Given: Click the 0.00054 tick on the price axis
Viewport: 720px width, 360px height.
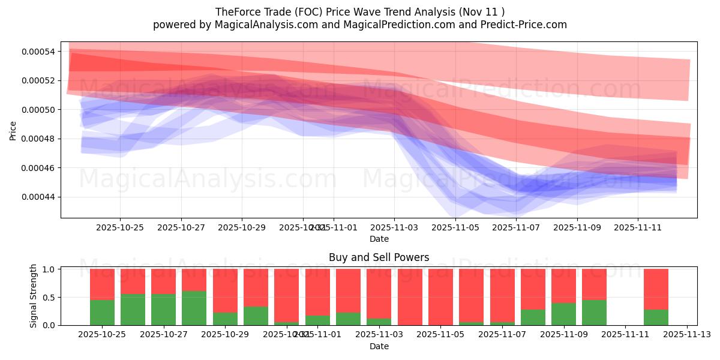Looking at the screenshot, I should point(38,52).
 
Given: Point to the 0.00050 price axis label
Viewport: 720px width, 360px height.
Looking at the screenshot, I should point(38,110).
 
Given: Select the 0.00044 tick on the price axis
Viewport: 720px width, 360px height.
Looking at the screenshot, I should point(38,197).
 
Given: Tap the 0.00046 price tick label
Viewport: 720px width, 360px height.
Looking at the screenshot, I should point(38,168).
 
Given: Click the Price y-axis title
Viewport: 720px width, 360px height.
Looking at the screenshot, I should point(13,130).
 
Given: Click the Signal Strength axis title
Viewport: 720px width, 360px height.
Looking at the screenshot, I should point(34,296).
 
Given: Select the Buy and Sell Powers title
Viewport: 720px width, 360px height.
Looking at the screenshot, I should point(379,257).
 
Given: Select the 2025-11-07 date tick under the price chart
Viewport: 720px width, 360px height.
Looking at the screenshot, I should point(516,228).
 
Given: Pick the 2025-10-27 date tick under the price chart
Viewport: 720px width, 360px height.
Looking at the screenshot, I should point(181,228).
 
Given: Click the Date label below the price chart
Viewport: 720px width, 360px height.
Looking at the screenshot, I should point(379,239).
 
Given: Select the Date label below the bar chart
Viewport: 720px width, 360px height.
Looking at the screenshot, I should point(379,346).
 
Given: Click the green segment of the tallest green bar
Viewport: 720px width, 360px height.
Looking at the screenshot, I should point(194,308).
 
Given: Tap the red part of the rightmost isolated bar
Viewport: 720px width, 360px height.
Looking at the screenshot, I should point(656,289).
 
